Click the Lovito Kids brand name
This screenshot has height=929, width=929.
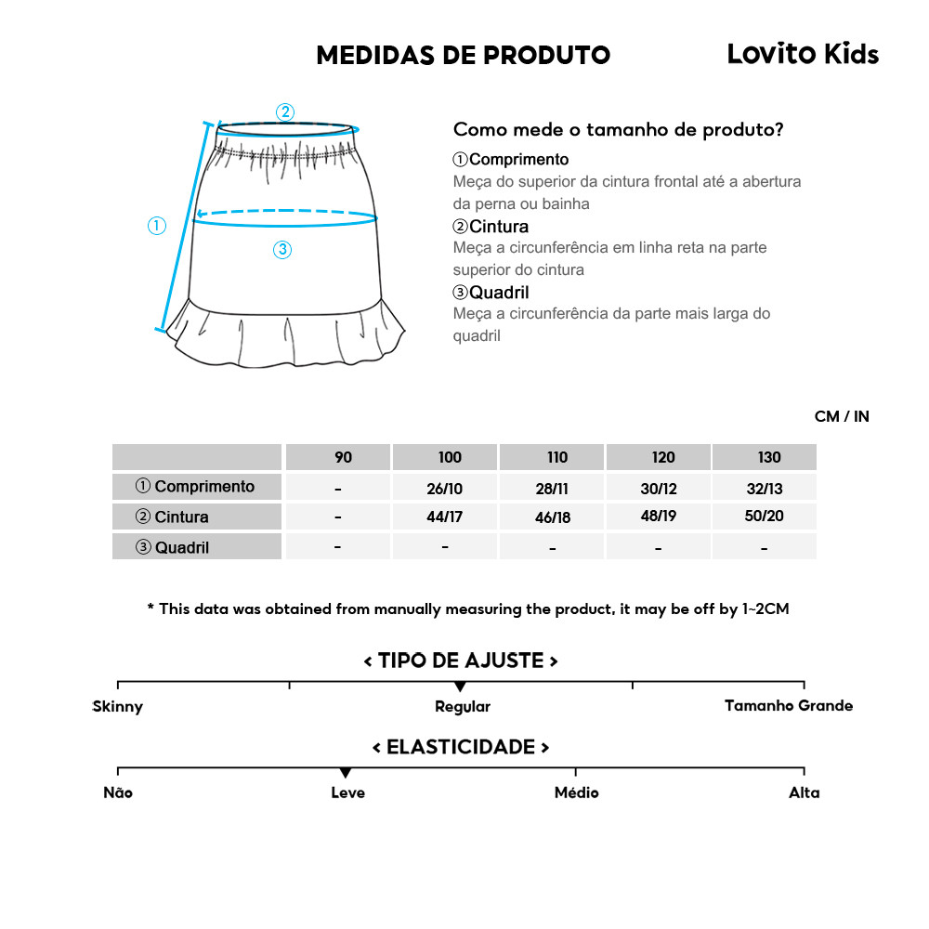(x=802, y=54)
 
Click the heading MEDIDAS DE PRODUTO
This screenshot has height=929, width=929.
(x=463, y=56)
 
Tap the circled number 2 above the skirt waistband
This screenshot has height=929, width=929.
(x=285, y=112)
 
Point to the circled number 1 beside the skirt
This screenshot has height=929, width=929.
(x=157, y=225)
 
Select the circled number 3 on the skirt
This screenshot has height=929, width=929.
(x=283, y=249)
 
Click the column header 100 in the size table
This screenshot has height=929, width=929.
(x=450, y=457)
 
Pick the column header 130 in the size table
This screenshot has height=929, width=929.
(x=769, y=457)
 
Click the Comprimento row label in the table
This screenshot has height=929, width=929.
(x=196, y=486)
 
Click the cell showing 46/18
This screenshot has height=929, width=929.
(x=552, y=517)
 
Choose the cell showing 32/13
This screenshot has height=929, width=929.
(x=764, y=487)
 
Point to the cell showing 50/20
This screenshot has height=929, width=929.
(x=764, y=517)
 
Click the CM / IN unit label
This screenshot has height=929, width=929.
(x=842, y=416)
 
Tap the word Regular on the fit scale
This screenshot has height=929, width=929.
(x=463, y=707)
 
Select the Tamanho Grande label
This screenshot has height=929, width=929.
(x=789, y=706)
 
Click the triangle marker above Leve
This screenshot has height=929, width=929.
(x=346, y=773)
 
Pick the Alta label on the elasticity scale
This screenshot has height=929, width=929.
(x=805, y=792)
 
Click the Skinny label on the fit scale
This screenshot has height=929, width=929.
(x=118, y=707)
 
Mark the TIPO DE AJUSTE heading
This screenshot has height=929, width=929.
(x=461, y=661)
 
